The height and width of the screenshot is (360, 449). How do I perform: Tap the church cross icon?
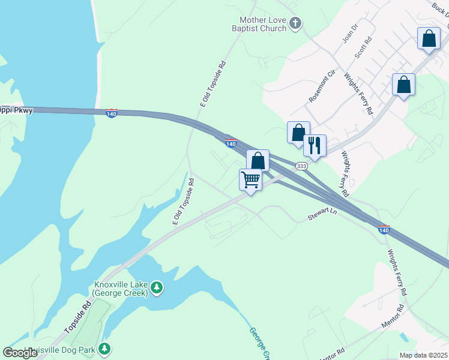[x=295, y=23]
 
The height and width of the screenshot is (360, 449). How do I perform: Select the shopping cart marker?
[x=250, y=179]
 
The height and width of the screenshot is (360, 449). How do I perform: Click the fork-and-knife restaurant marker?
[x=315, y=145]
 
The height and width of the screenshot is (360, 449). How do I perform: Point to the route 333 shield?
[x=301, y=166]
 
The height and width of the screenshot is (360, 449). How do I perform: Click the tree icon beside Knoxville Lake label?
[x=157, y=289]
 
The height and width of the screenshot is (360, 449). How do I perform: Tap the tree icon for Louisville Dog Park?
[x=104, y=349]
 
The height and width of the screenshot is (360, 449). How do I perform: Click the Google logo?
[x=20, y=352]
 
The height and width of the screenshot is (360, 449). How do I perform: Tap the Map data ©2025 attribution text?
[x=423, y=355]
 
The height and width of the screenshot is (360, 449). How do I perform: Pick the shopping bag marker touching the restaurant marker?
[x=298, y=133]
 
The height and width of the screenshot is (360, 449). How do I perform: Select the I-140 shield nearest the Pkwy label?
[x=112, y=113]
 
